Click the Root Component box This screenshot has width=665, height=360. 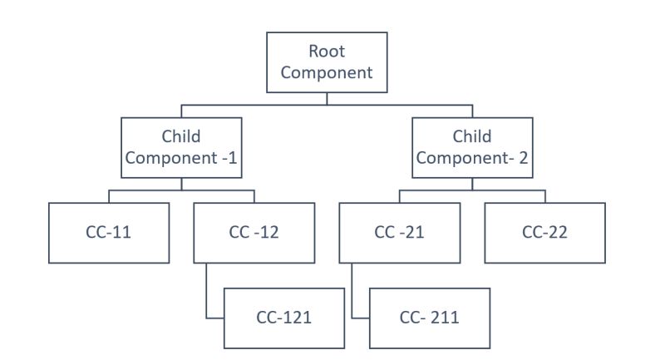click(x=327, y=62)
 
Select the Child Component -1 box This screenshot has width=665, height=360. click(x=181, y=147)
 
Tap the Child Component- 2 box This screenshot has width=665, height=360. click(x=472, y=147)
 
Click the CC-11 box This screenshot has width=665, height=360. click(x=109, y=233)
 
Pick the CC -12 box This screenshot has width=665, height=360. click(x=254, y=233)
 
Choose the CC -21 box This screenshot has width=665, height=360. click(x=400, y=233)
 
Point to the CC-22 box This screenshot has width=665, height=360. click(x=544, y=233)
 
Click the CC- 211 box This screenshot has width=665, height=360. click(x=429, y=318)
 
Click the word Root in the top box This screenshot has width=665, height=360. click(x=327, y=52)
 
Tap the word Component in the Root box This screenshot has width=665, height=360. click(x=327, y=72)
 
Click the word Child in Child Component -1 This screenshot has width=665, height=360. click(x=181, y=136)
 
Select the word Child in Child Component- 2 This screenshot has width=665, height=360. click(x=472, y=136)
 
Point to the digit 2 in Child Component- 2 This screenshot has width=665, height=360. click(x=523, y=158)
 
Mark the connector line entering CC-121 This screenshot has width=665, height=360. click(x=214, y=318)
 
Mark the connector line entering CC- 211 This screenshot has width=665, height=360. click(x=360, y=318)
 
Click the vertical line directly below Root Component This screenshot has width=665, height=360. click(x=327, y=98)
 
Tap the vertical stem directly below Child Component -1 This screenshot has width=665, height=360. click(x=181, y=184)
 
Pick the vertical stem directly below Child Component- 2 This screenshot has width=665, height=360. click(x=472, y=184)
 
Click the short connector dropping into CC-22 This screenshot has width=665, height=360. click(x=545, y=196)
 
